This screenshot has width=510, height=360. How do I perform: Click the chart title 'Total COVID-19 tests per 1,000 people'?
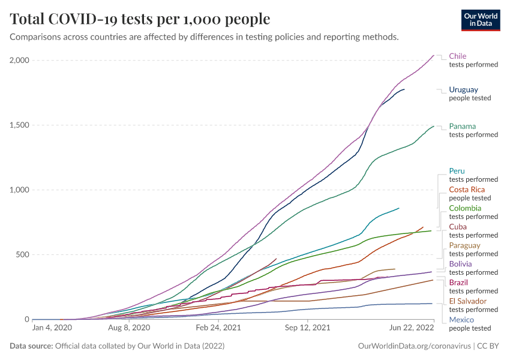[x=140, y=19]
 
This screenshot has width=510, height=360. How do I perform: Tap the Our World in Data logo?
[x=480, y=19]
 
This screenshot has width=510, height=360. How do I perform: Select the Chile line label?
[x=457, y=56]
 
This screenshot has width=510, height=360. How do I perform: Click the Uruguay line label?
[x=463, y=90]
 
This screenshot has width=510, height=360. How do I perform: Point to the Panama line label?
[x=462, y=127]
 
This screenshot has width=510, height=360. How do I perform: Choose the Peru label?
[x=457, y=171]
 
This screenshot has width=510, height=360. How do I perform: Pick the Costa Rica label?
[x=466, y=190]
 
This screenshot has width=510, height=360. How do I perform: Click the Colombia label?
[x=465, y=208]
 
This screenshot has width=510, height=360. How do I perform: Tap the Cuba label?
[x=457, y=227]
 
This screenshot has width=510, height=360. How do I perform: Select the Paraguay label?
[x=464, y=245]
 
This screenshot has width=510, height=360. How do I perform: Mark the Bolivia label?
[x=460, y=264]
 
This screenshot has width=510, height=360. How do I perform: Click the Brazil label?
[x=458, y=283]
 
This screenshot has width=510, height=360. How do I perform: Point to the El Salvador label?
[x=468, y=301]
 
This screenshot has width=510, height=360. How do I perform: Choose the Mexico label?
[x=461, y=320]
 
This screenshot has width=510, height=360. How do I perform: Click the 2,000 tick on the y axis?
[x=19, y=61]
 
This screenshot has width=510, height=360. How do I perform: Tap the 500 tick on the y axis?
[x=22, y=255]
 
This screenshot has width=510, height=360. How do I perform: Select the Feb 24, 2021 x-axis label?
[x=218, y=328]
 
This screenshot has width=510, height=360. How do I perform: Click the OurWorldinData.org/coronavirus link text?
[x=413, y=346]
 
